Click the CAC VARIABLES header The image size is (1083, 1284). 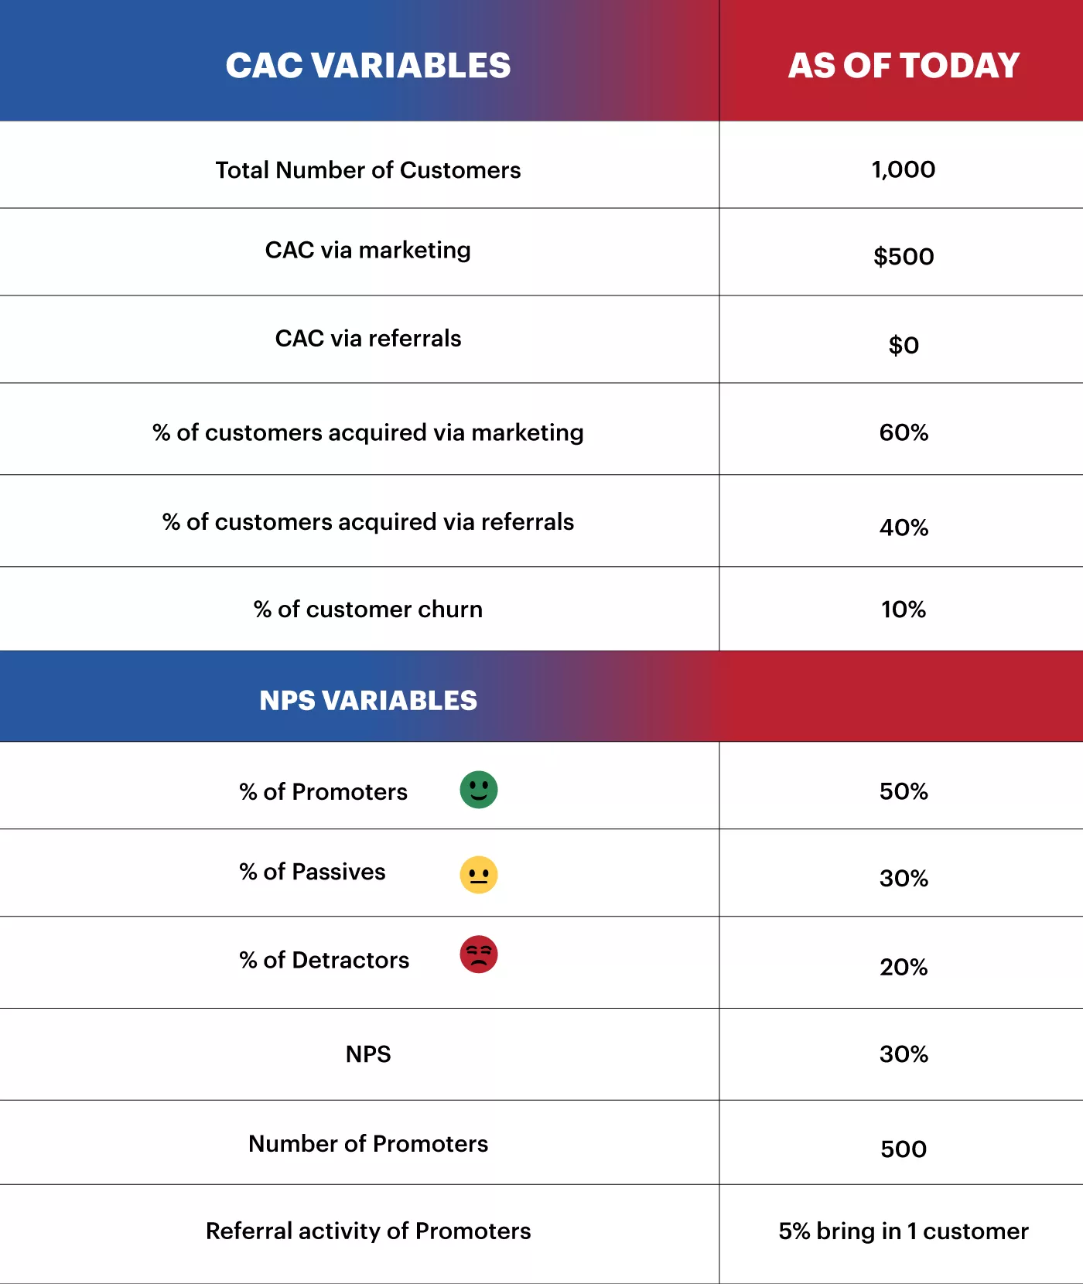click(368, 66)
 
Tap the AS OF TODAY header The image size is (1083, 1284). click(904, 66)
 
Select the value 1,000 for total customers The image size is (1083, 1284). click(904, 169)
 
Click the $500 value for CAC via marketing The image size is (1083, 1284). click(904, 257)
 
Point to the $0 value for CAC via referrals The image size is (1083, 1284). click(904, 345)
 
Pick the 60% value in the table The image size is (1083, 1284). click(904, 432)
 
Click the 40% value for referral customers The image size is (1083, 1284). click(904, 528)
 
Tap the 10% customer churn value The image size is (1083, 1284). click(904, 610)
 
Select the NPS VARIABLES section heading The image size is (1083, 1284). click(368, 700)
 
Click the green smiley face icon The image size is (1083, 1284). click(479, 790)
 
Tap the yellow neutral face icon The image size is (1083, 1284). click(479, 875)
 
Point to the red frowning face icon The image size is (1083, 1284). click(479, 954)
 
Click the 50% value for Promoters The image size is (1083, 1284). click(904, 791)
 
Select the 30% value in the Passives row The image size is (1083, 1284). click(904, 879)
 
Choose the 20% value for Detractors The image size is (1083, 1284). click(904, 967)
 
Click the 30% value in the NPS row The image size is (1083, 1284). click(904, 1054)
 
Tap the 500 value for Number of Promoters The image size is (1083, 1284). click(904, 1149)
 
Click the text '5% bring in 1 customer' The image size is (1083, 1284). click(904, 1231)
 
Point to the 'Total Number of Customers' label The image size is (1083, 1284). click(368, 170)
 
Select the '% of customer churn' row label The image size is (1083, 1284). click(368, 610)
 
